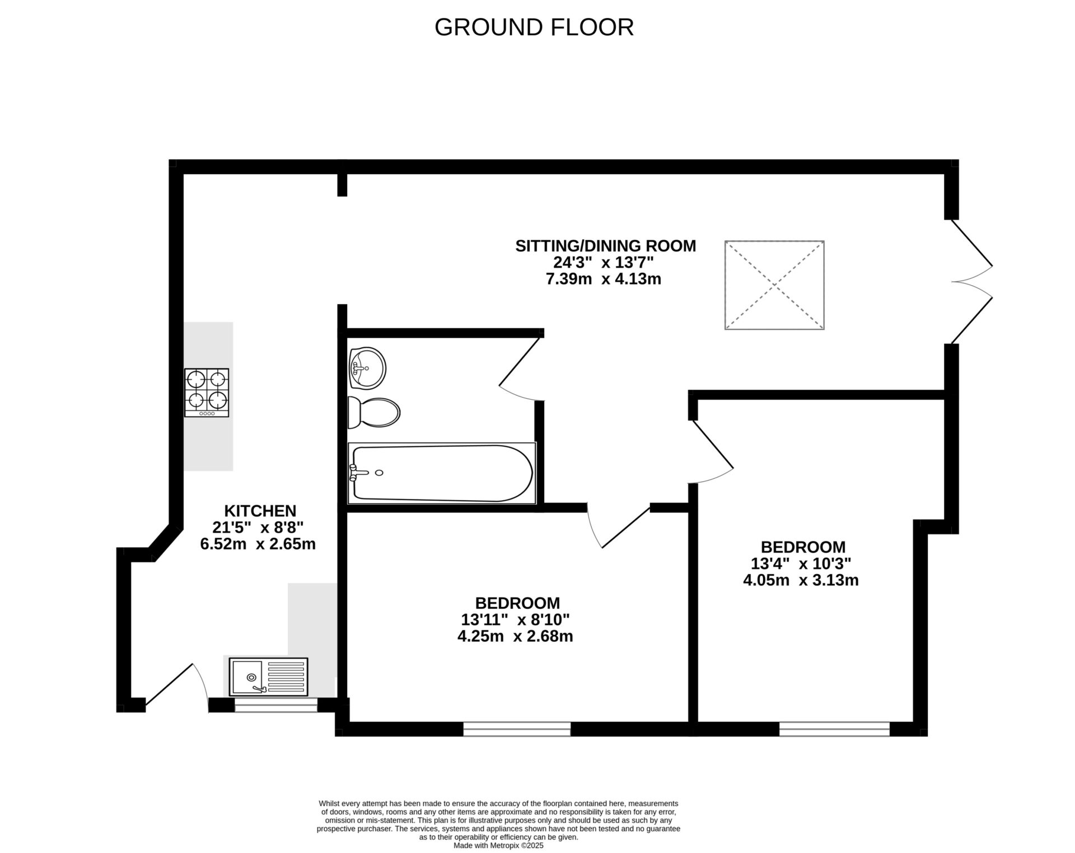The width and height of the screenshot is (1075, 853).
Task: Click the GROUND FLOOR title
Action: pos(534,27)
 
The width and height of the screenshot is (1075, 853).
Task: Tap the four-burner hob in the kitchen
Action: pos(207,392)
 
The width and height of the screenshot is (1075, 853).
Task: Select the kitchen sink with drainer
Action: pos(268,677)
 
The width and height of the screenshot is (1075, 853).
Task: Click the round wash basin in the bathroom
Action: pos(367,367)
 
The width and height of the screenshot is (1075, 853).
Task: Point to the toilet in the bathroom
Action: pos(373,413)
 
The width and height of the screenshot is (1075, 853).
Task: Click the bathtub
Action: pos(441,473)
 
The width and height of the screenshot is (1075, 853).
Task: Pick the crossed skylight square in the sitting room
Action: pos(774,285)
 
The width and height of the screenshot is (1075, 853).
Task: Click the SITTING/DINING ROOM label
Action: pos(605,246)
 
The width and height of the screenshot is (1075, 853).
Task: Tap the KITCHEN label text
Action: pos(260,511)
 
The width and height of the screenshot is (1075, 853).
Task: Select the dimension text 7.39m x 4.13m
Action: pos(604,279)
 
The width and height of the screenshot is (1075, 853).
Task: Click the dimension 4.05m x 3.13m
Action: pos(801,580)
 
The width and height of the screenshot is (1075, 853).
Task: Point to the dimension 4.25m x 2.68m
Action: pos(515,636)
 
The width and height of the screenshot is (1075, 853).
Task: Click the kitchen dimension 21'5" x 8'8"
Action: pos(258,527)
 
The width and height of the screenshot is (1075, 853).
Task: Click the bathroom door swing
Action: pos(520,370)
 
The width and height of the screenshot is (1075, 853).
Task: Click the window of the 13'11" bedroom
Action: pos(517,729)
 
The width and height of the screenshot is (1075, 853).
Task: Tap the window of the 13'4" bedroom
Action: pos(834,729)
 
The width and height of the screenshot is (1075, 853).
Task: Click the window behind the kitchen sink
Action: pos(275,705)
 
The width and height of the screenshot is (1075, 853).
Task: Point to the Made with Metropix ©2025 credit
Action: pos(498,846)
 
